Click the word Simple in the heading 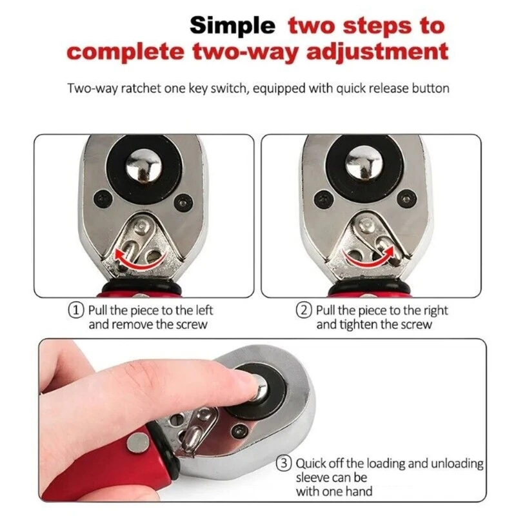[x=232, y=26]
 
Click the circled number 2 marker [x=304, y=310]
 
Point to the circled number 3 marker [x=284, y=463]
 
